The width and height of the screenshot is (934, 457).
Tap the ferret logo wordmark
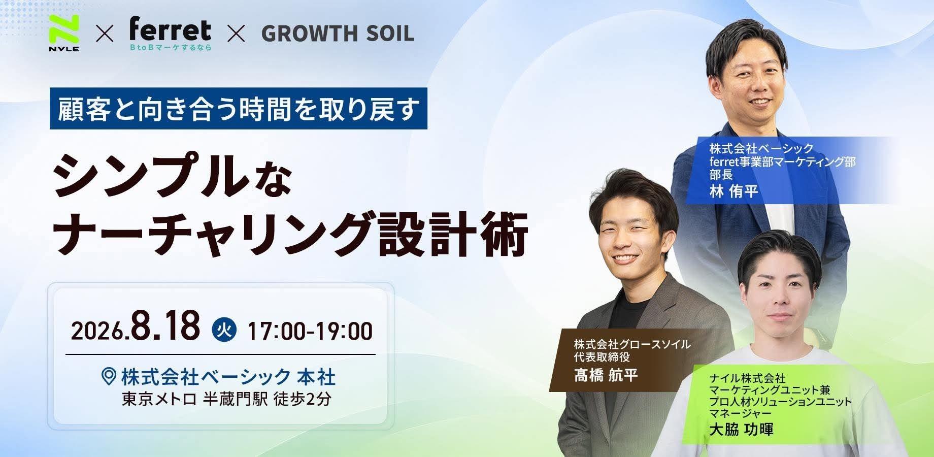pos(170,29)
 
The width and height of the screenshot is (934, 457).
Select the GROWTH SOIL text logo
pos(338,34)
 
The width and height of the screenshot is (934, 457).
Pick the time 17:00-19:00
pos(310,331)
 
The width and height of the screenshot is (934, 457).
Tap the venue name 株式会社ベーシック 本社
pos(228,377)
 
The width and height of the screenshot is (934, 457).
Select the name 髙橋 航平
pos(606,375)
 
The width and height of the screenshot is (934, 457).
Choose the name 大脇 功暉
pos(741,430)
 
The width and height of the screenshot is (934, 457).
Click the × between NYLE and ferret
pos(104,35)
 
